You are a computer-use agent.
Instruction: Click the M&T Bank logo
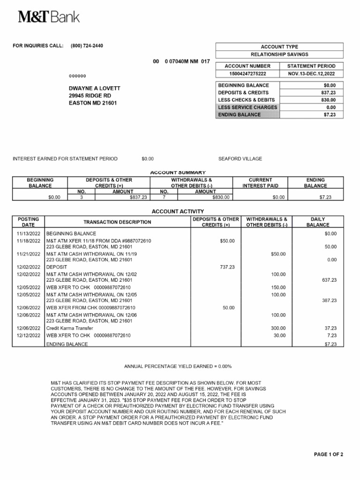click(49, 17)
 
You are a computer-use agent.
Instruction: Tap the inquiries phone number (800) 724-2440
click(87, 46)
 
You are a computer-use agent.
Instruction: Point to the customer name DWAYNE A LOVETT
click(94, 89)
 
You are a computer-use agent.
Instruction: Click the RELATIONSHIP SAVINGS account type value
click(279, 54)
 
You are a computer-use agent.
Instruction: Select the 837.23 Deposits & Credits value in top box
click(329, 93)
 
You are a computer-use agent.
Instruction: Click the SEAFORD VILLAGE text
click(240, 159)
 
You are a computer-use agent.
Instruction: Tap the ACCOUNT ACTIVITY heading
click(178, 211)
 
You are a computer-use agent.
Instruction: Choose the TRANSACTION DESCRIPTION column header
click(117, 222)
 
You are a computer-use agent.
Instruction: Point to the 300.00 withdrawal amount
click(278, 329)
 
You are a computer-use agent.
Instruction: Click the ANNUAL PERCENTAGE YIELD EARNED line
click(178, 366)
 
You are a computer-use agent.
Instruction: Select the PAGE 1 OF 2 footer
click(328, 455)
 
